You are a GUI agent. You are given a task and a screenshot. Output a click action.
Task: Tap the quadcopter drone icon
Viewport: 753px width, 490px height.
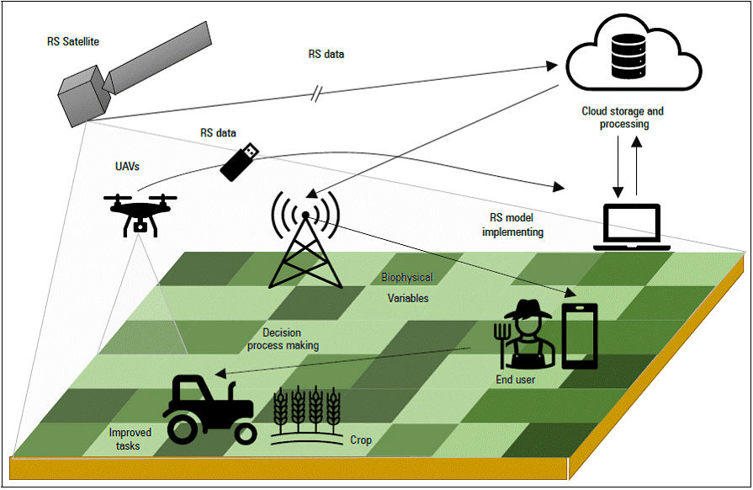(x=141, y=210)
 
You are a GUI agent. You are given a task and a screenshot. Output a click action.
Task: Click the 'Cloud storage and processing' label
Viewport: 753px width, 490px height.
(x=623, y=118)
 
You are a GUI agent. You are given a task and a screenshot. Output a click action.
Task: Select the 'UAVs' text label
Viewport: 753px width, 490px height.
(x=127, y=168)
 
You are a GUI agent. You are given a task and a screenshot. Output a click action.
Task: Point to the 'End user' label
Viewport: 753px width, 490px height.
(x=515, y=380)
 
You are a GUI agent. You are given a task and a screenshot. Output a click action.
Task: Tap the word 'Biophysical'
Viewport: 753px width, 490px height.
(x=407, y=277)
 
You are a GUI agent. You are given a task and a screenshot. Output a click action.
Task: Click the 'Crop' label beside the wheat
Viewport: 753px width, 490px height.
(x=360, y=440)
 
